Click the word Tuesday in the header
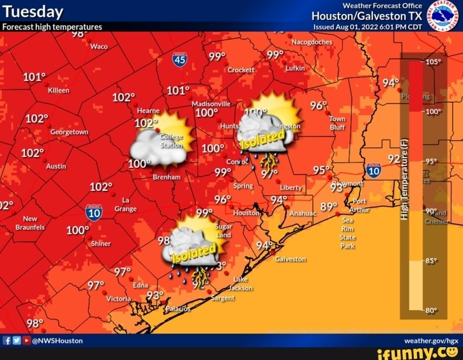click(33, 12)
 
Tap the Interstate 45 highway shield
click(179, 60)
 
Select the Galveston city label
click(291, 260)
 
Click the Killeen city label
click(58, 91)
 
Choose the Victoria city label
click(118, 299)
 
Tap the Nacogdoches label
click(312, 41)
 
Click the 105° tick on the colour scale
click(432, 63)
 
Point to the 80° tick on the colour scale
click(431, 311)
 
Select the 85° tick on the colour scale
click(431, 260)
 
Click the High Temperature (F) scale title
click(404, 179)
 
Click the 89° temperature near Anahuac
click(328, 207)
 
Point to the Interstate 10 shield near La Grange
click(94, 213)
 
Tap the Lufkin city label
click(295, 68)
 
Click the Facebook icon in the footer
click(7, 340)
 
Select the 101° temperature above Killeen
click(34, 77)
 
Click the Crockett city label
click(241, 70)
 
